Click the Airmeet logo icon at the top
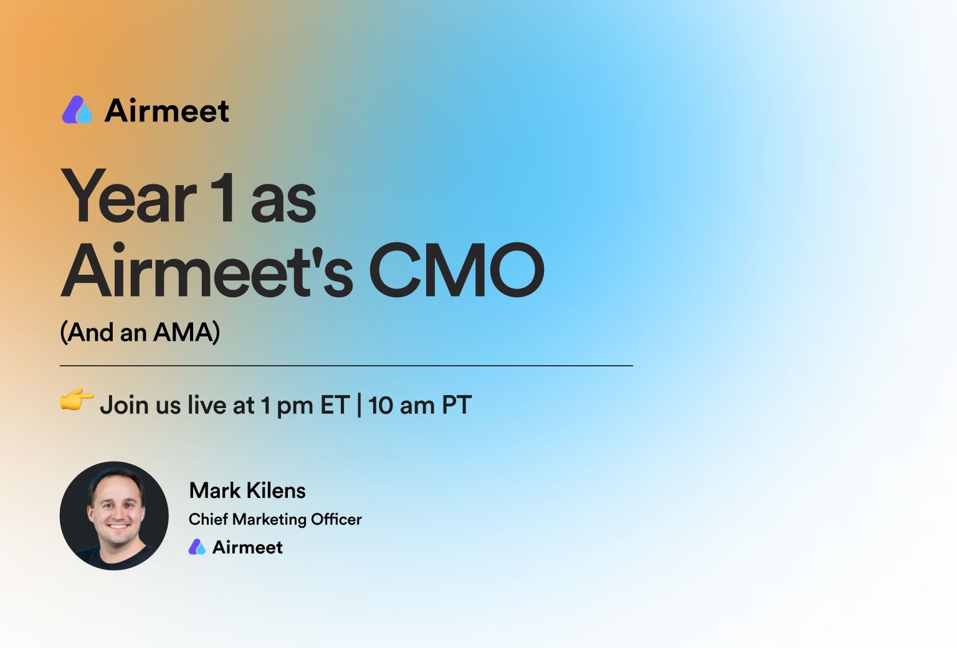(x=77, y=110)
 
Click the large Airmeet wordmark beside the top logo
(x=167, y=111)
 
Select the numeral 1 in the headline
(x=222, y=198)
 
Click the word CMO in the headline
(x=456, y=270)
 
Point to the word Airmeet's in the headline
(x=207, y=270)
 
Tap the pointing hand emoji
(x=77, y=400)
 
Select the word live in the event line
(x=207, y=404)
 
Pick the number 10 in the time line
(x=380, y=405)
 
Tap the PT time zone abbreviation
(x=457, y=404)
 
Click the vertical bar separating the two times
(x=359, y=405)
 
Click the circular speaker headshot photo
(x=114, y=515)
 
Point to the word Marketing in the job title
(x=270, y=520)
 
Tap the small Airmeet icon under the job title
(x=197, y=547)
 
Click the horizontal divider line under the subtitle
(x=346, y=366)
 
